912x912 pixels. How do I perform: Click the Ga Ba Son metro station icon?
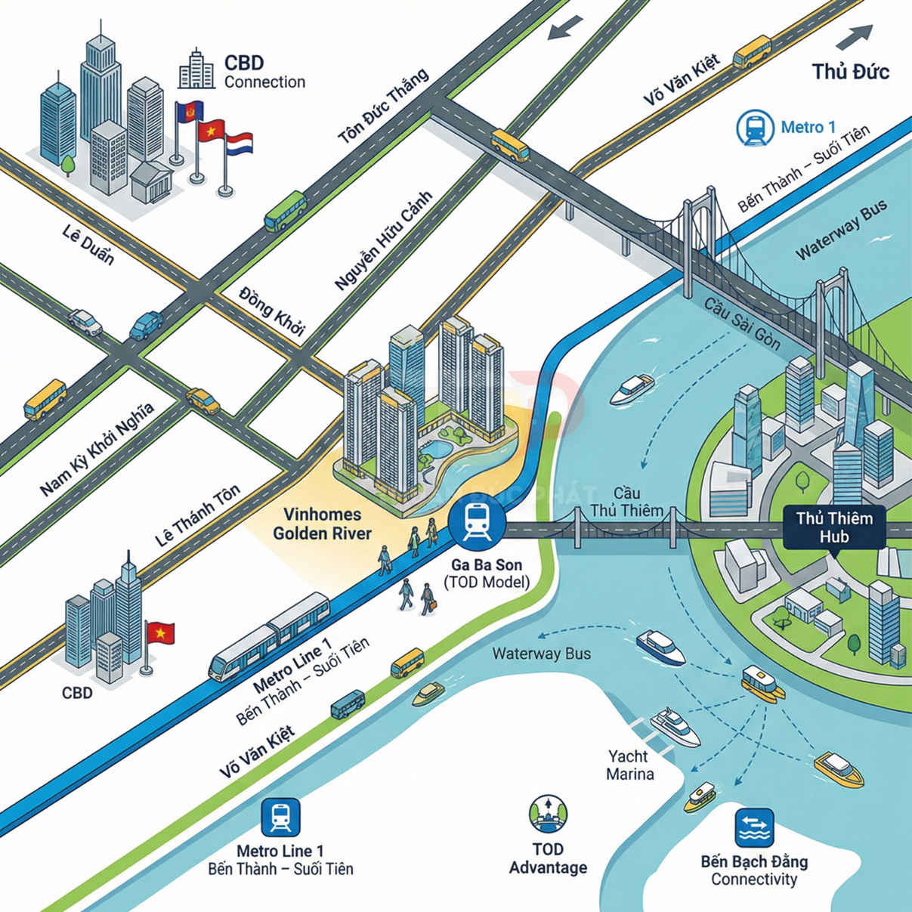pos(477,521)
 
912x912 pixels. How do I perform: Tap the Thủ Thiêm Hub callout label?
pos(833,527)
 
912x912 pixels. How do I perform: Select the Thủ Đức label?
pos(850,72)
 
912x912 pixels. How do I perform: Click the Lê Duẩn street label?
pos(88,245)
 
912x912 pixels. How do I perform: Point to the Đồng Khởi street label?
pos(271,310)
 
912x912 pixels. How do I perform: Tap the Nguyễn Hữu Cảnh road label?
pos(383,240)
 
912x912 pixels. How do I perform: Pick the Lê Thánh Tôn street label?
pos(197,516)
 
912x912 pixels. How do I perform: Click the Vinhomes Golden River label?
pos(322,524)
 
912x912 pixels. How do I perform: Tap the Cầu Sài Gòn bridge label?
pos(742,323)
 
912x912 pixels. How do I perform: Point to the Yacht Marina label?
pos(629,765)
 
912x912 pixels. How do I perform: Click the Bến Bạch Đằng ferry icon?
pos(754,829)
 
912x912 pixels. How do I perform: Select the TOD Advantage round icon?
pos(548,814)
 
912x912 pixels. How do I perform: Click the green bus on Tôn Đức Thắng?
pos(285,211)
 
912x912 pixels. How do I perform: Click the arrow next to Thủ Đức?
pos(855,36)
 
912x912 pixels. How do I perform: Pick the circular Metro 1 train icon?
pos(755,128)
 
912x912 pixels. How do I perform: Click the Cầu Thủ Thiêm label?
pos(626,502)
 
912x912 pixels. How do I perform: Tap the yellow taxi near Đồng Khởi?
pos(202,401)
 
